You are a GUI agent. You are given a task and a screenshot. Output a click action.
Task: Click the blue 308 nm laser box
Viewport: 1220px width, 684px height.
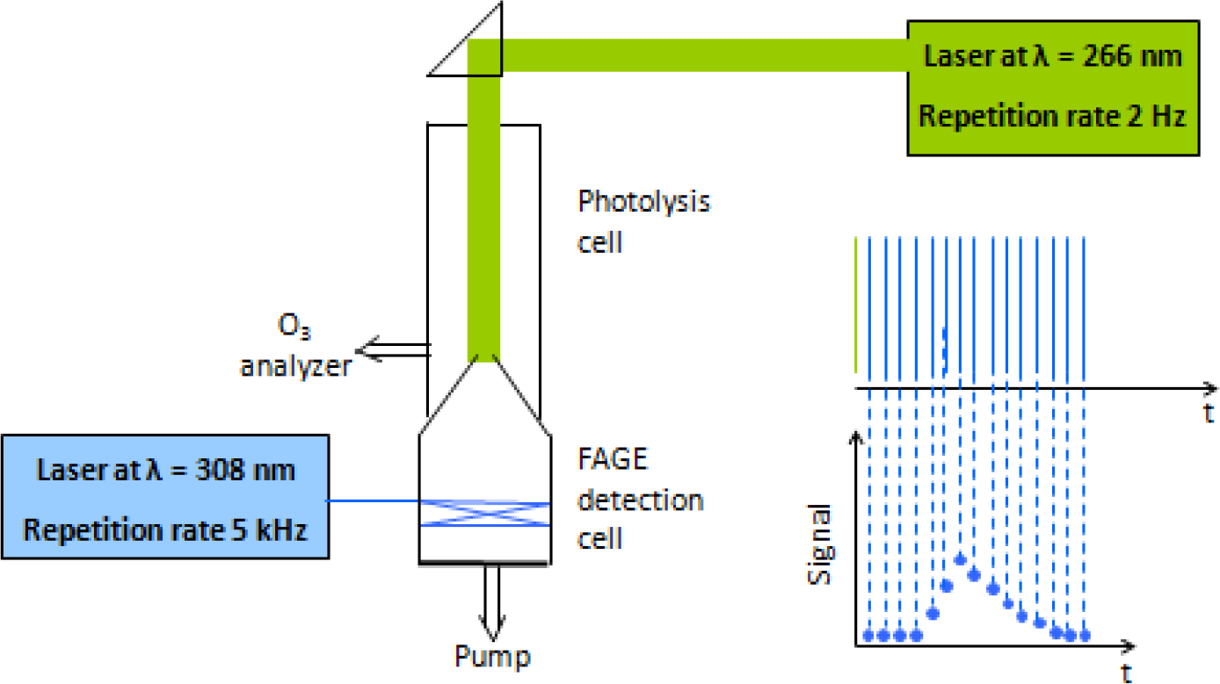tap(165, 496)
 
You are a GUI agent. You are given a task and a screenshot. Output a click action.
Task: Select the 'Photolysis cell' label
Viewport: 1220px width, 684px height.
tap(643, 220)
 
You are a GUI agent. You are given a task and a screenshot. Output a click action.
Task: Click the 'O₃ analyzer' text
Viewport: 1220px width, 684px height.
tap(295, 352)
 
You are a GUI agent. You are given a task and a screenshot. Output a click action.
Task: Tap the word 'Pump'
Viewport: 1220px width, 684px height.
tap(492, 656)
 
